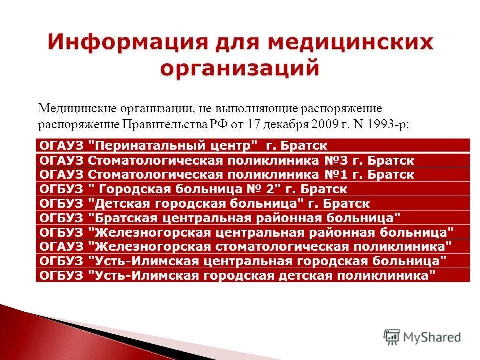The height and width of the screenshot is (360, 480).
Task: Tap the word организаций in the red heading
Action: point(239,68)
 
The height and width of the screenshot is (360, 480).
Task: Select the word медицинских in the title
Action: point(350,43)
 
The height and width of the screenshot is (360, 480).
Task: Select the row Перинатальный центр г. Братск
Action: point(183,146)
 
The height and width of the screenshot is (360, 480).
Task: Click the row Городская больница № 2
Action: point(193,189)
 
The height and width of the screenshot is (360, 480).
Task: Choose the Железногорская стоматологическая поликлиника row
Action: point(245,247)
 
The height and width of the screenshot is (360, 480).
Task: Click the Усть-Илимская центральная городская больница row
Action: point(242,261)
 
